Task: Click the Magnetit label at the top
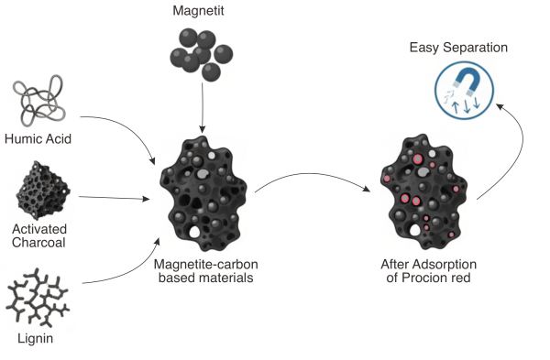(198, 10)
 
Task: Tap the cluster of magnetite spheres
(202, 55)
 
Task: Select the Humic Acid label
(38, 139)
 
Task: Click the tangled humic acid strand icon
(38, 100)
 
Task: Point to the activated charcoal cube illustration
(43, 190)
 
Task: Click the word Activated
(39, 229)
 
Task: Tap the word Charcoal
(38, 243)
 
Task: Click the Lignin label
(36, 339)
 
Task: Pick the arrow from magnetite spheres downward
(202, 107)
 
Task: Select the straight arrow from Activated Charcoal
(114, 198)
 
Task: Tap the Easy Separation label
(458, 48)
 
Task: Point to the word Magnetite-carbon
(206, 264)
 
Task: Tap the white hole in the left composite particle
(194, 232)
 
